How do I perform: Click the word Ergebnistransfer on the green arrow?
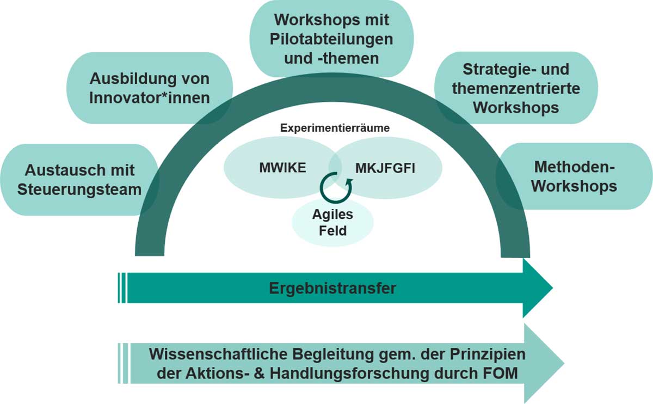pyautogui.click(x=332, y=288)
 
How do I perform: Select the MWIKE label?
pyautogui.click(x=282, y=168)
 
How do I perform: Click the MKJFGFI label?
pyautogui.click(x=385, y=168)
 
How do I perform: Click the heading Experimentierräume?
pyautogui.click(x=334, y=128)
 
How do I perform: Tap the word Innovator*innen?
pyautogui.click(x=149, y=99)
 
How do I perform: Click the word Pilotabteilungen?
pyautogui.click(x=332, y=39)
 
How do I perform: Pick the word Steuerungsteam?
pyautogui.click(x=79, y=189)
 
